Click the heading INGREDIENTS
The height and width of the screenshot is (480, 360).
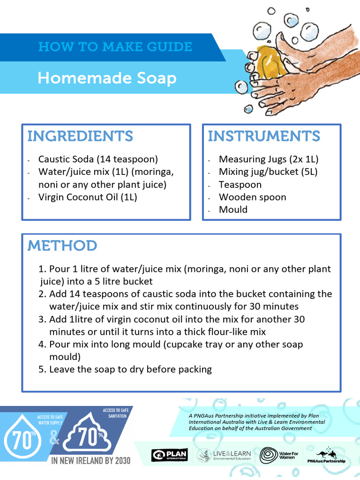[80, 136]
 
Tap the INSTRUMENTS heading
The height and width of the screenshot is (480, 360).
[264, 136]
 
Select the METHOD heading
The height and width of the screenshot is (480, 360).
[62, 246]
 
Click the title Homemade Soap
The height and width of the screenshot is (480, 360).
[107, 78]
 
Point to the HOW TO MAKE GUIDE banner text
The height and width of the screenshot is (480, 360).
[115, 47]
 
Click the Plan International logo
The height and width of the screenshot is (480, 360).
[169, 455]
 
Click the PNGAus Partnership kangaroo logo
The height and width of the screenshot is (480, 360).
[330, 455]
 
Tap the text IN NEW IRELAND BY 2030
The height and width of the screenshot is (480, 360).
[91, 460]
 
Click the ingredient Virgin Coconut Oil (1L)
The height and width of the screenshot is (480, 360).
[88, 197]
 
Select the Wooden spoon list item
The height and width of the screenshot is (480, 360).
[252, 197]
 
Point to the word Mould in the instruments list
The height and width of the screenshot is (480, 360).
[233, 210]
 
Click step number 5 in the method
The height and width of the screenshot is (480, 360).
[42, 369]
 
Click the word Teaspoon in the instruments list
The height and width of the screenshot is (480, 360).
[240, 185]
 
